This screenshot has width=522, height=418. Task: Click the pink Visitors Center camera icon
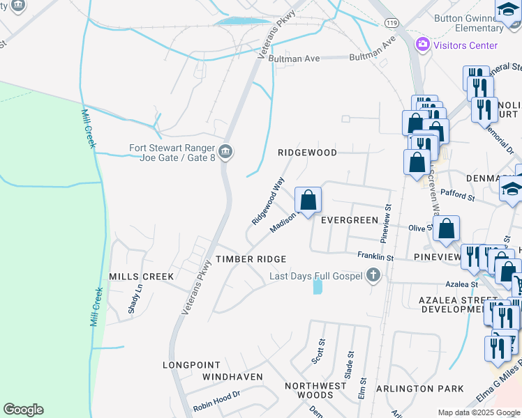[422, 45]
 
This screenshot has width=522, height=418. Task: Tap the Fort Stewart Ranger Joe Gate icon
[225, 152]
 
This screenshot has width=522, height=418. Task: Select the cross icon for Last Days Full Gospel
[373, 276]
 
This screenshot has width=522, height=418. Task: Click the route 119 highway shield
[391, 23]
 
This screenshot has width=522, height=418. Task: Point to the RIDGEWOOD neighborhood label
[307, 152]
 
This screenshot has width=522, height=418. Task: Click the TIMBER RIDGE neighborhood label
[251, 259]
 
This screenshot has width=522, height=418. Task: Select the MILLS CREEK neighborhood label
[141, 277]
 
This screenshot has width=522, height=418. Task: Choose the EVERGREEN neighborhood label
[349, 219]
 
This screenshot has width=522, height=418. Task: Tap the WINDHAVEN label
[232, 377]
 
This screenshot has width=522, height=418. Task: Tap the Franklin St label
[375, 257]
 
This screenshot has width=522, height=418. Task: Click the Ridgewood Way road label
[269, 201]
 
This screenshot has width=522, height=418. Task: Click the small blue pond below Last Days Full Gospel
[318, 286]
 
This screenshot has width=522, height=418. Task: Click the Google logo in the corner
[23, 410]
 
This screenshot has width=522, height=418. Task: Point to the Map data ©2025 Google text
[478, 412]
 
